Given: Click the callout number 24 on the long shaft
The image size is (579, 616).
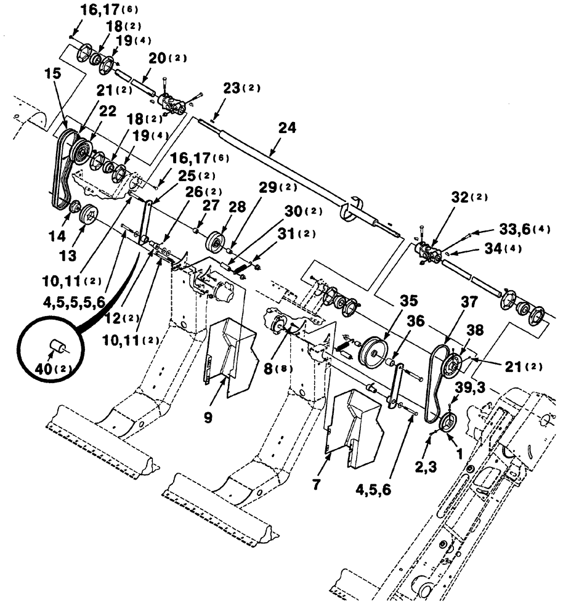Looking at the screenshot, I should (286, 128).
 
